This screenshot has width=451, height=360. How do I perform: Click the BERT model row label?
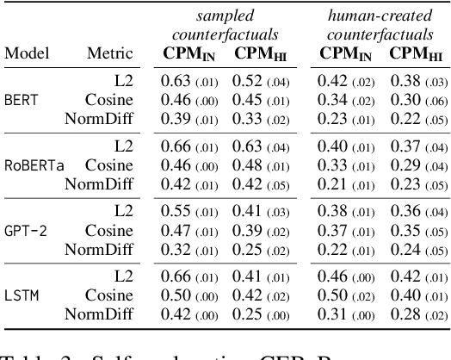(22, 99)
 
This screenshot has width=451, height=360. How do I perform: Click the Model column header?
(27, 53)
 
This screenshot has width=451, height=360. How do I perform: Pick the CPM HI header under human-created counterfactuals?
(410, 53)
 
